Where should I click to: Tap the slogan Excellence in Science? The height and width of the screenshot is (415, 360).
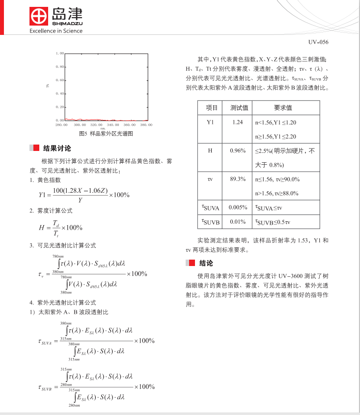(56, 31)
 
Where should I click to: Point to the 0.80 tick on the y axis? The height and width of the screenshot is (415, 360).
(59, 66)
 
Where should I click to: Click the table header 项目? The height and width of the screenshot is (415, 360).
(211, 108)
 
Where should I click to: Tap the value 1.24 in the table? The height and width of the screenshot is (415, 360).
(238, 122)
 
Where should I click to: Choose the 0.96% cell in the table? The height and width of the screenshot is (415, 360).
(238, 150)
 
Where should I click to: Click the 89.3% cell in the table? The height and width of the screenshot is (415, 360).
(238, 179)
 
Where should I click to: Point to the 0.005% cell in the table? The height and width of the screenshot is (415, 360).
(238, 207)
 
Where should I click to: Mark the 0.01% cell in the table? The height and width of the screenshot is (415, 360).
(238, 222)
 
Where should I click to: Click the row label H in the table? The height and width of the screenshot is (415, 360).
(211, 150)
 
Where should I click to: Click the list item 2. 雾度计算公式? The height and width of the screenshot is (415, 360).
(51, 211)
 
